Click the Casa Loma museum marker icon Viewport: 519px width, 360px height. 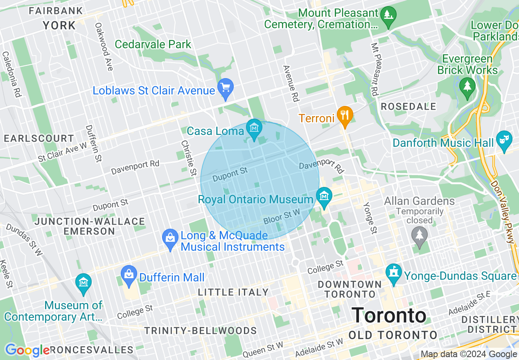tap(255, 128)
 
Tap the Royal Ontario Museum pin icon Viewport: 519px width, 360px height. tap(324, 197)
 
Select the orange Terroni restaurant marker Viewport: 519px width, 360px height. tap(345, 115)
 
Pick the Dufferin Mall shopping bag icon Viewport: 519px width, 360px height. tap(129, 274)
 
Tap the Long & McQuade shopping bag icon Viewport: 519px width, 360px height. tap(169, 238)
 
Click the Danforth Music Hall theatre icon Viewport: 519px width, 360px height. tap(504, 139)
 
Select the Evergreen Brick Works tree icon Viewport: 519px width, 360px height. tap(467, 87)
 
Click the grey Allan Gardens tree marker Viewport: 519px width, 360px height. tap(419, 235)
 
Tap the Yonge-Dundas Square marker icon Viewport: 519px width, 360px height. tap(394, 273)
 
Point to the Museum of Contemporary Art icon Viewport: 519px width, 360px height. tap(83, 283)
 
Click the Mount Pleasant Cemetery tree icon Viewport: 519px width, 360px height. tap(388, 16)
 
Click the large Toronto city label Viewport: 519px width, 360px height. tap(389, 316)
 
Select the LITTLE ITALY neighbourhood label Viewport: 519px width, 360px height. tap(233, 292)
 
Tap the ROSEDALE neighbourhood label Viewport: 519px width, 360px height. tap(408, 107)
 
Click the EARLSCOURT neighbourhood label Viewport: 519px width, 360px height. tap(39, 139)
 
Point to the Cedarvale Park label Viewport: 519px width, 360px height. tap(153, 44)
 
